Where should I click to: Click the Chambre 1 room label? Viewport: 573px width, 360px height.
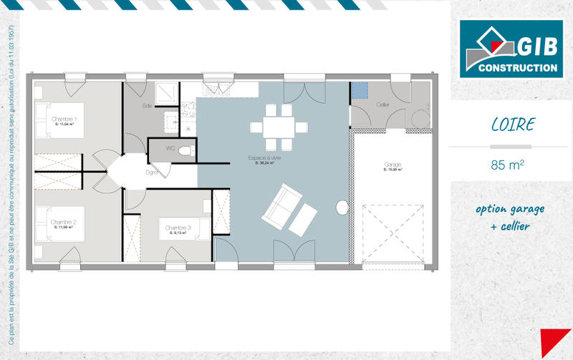pos(64,119)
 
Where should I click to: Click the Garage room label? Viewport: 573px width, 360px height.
pos(393,165)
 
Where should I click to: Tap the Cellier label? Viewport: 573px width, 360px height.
pos(383,104)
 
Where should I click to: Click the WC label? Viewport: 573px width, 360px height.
pos(170,148)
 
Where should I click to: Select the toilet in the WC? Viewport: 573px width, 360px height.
pos(186,150)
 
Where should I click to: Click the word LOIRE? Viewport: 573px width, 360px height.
pos(512,125)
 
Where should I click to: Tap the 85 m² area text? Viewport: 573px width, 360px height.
pos(507,165)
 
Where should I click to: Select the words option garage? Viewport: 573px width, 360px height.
pos(509,209)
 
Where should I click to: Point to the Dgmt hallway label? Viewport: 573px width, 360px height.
pos(152,172)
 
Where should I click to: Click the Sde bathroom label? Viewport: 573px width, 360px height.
pos(148,106)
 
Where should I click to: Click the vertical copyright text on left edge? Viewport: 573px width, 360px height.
pos(12,179)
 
